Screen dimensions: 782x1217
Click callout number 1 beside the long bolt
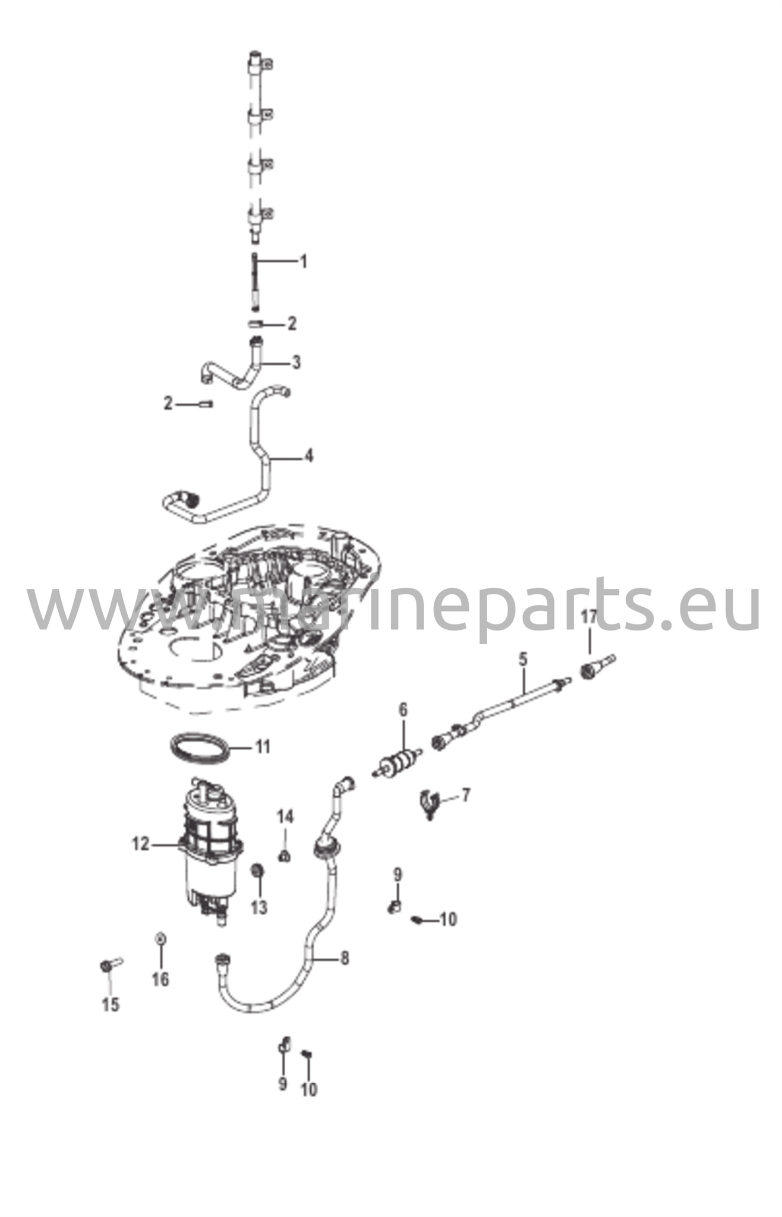click(x=303, y=261)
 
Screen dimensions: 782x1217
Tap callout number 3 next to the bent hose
click(x=296, y=362)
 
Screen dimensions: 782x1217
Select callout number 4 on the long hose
click(x=308, y=456)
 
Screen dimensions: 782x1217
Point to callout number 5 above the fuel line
click(x=523, y=659)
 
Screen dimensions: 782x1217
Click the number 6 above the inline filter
click(x=403, y=710)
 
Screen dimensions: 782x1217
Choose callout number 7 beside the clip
click(x=465, y=795)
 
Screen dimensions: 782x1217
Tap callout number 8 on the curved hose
click(x=345, y=958)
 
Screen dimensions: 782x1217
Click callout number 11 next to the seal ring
click(x=263, y=746)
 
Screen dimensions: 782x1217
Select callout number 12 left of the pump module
click(x=141, y=844)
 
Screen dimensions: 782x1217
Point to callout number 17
click(x=588, y=617)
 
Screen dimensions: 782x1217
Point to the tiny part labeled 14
click(x=285, y=856)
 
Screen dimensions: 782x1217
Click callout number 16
click(x=160, y=979)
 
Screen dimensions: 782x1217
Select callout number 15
click(x=111, y=1005)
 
